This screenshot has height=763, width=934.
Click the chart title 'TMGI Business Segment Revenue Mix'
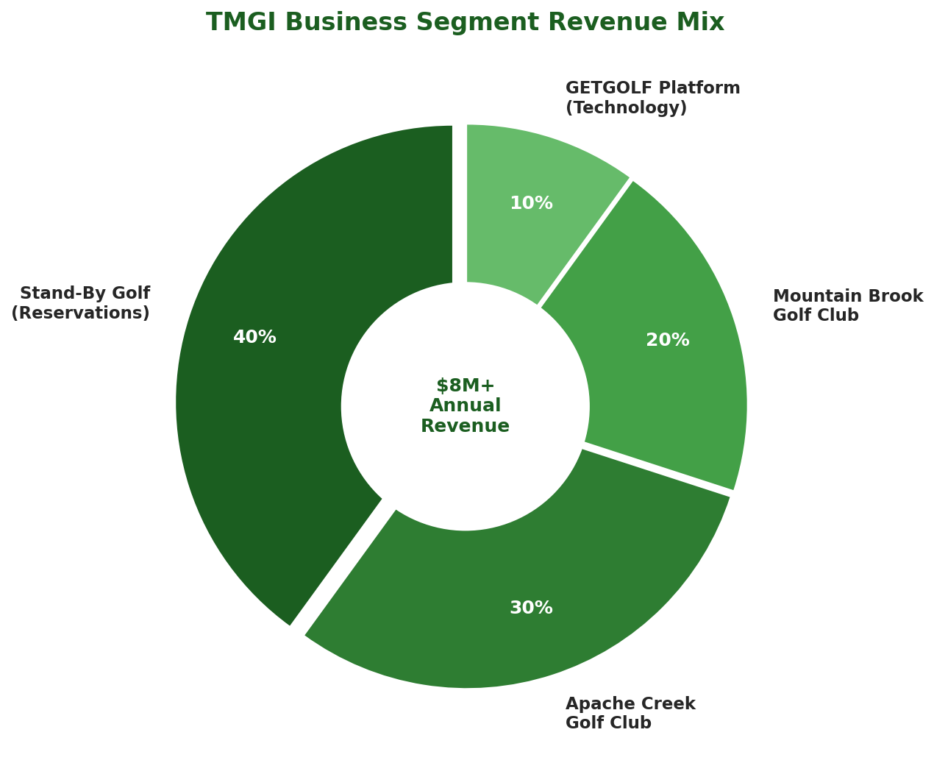[465, 23]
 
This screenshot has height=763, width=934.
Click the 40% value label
[254, 337]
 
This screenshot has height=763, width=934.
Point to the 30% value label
[531, 608]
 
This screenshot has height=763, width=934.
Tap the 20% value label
[668, 340]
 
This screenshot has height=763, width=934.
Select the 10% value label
[531, 203]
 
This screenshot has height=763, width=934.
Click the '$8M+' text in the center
[465, 386]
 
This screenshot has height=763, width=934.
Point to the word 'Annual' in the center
[465, 405]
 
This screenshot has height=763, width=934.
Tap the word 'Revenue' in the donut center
[465, 426]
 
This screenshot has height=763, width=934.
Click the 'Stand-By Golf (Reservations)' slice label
[81, 303]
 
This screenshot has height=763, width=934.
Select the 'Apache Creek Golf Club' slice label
[630, 713]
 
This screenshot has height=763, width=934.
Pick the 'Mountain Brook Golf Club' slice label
[847, 305]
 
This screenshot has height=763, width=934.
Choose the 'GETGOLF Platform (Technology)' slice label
[652, 98]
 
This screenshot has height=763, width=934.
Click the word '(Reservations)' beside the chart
[81, 313]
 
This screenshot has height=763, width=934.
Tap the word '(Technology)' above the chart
[626, 108]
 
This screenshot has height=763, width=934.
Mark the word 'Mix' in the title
[705, 23]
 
